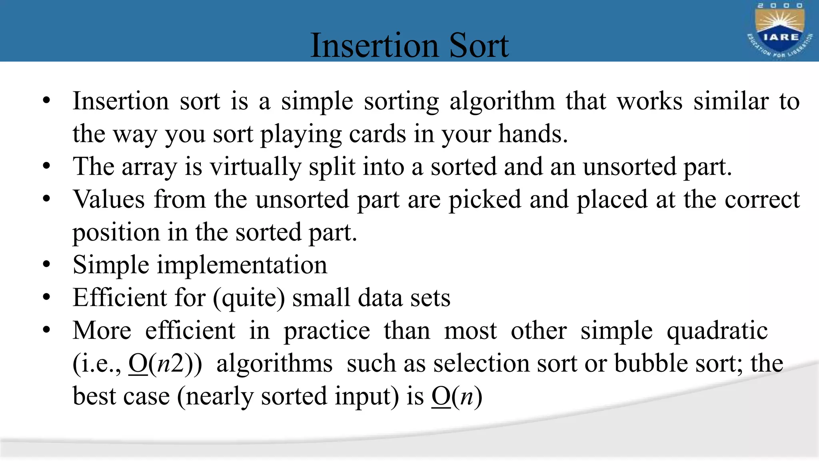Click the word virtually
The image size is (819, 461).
256,167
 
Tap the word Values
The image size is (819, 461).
108,199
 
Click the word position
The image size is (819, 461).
116,233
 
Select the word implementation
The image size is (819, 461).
242,265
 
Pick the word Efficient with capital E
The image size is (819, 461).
120,298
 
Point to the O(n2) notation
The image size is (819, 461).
165,364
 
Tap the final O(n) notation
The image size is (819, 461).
457,397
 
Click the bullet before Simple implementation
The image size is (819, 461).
47,265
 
